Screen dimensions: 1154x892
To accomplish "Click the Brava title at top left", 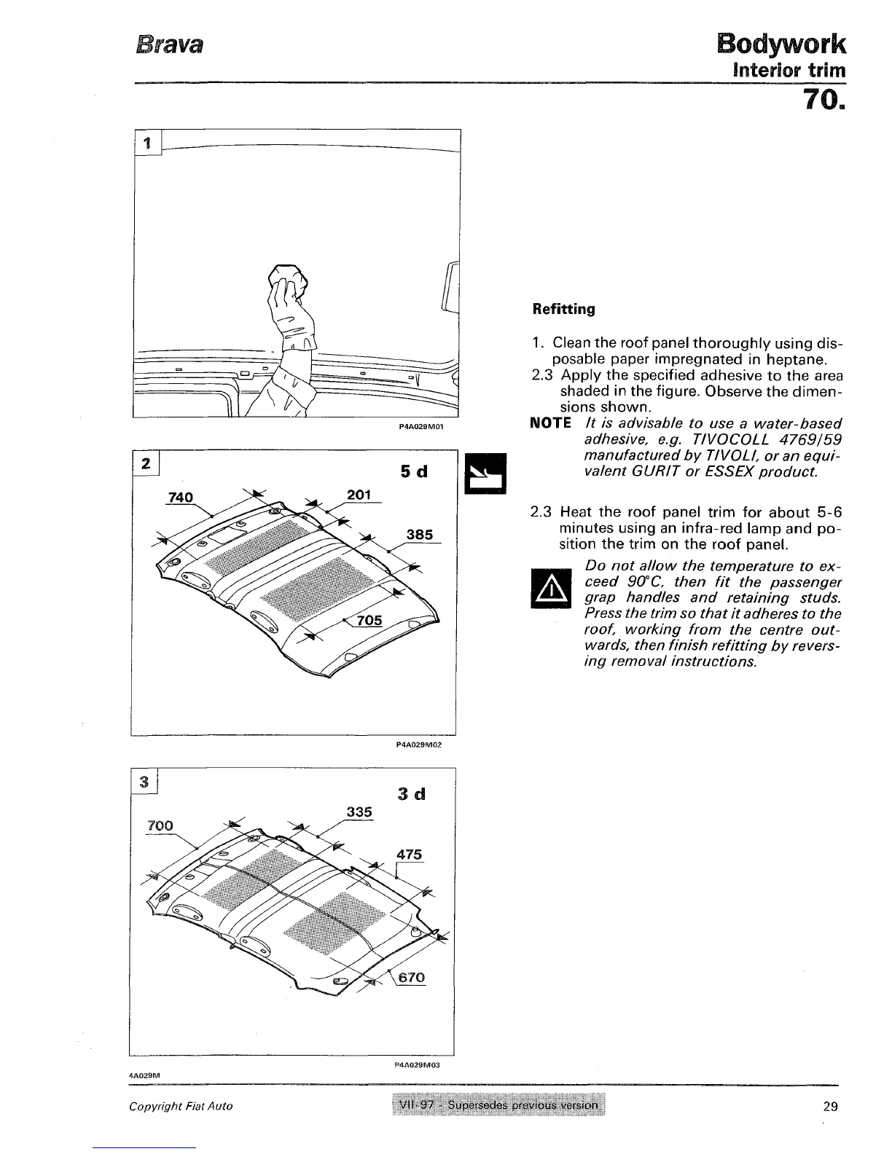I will (168, 44).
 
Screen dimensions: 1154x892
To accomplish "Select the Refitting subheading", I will (563, 309).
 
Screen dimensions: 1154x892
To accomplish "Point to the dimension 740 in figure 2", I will (179, 498).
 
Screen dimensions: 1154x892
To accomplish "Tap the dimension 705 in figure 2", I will (369, 620).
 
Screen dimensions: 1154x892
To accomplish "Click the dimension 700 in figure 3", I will (160, 825).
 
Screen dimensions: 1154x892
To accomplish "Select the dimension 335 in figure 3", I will (359, 812).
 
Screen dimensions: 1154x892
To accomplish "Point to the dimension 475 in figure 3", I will (409, 855).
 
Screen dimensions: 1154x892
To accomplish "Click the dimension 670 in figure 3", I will (412, 977).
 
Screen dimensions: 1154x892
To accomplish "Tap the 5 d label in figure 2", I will (413, 472).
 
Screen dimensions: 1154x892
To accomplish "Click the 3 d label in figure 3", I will (412, 793).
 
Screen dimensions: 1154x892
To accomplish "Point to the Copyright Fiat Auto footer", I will (181, 1106).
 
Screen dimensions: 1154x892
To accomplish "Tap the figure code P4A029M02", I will (418, 745).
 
